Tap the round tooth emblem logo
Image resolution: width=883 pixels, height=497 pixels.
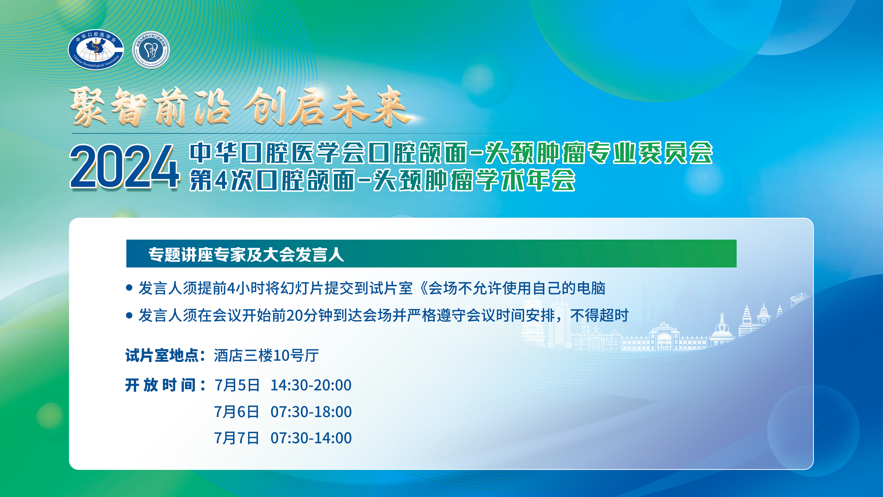[151, 50]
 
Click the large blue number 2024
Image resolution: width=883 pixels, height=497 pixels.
[125, 166]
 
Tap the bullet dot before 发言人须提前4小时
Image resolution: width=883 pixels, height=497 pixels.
[129, 288]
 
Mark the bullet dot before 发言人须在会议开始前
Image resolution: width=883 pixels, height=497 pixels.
[129, 315]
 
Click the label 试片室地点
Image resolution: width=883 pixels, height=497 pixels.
[162, 355]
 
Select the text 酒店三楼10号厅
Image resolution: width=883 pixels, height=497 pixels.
[266, 355]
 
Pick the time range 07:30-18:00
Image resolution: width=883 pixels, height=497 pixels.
[311, 412]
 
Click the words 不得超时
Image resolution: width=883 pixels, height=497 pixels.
[599, 315]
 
